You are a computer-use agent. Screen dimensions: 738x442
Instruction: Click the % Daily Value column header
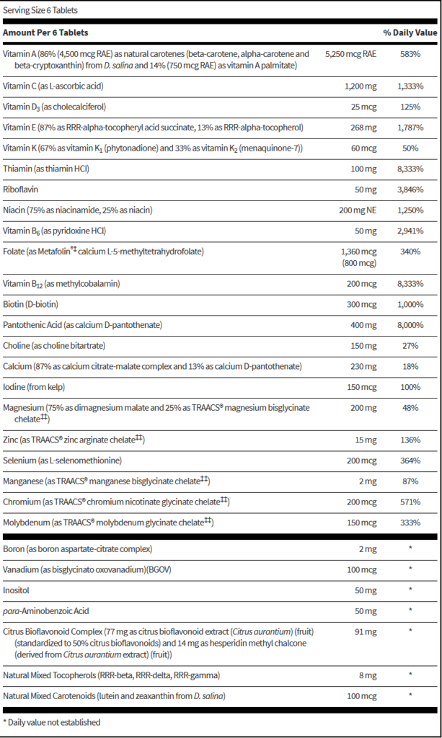(x=410, y=33)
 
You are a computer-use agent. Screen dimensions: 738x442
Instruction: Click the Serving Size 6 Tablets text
(x=40, y=10)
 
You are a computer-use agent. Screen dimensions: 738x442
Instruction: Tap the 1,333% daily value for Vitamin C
(x=410, y=86)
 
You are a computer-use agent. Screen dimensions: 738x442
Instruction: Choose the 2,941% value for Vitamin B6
(x=410, y=231)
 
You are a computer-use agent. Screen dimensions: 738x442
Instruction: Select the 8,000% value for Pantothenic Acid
(x=410, y=326)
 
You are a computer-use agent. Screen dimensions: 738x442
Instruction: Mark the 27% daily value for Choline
(x=410, y=347)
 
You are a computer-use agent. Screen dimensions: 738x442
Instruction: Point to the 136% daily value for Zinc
(x=410, y=439)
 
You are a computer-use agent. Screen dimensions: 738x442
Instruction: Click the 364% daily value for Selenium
(x=410, y=460)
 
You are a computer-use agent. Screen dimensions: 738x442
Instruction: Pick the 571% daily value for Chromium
(x=410, y=501)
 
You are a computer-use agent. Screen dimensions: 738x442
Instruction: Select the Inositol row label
(x=17, y=590)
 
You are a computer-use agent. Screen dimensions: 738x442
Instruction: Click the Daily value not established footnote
(x=52, y=721)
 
